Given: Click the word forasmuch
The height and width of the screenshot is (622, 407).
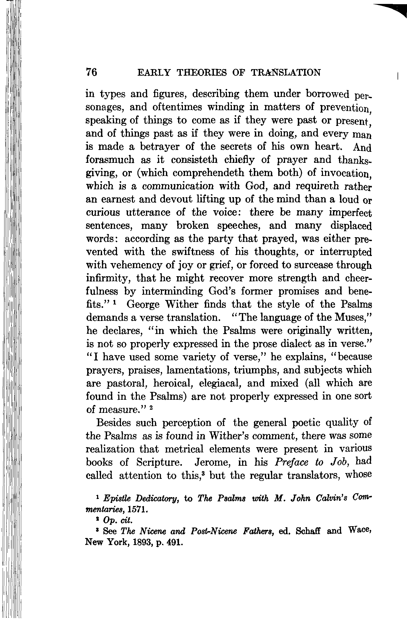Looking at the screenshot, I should coord(110,160).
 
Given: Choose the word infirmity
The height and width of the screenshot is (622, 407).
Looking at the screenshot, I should coord(109,278).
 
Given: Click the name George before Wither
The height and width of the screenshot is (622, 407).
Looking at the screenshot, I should coord(143,305).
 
